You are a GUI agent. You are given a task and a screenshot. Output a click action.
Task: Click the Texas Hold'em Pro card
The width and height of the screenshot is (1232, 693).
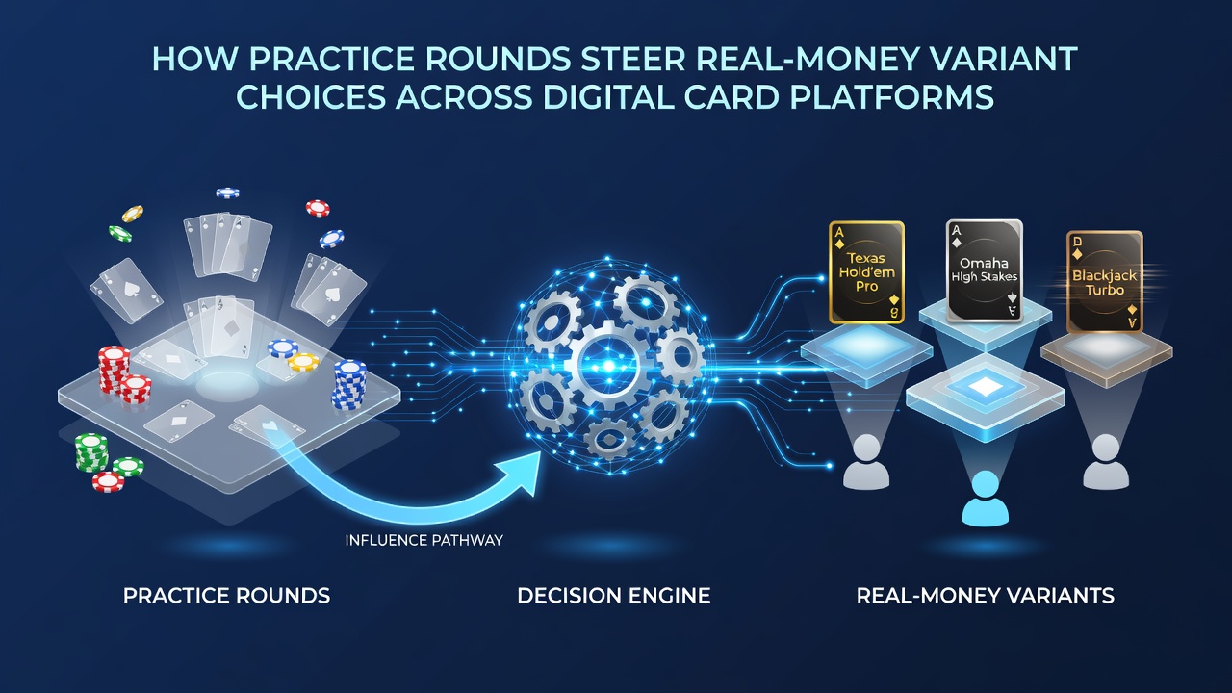[x=867, y=272]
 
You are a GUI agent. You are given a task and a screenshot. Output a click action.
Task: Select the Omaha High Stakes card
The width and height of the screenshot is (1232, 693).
[x=985, y=270]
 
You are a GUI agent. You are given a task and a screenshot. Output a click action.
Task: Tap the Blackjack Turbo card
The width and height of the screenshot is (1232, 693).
[x=1104, y=282]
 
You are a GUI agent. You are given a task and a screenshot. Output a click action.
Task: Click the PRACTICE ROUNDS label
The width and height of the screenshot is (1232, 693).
[x=226, y=596]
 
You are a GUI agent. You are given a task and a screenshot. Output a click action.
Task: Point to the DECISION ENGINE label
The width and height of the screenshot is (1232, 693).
[x=614, y=596]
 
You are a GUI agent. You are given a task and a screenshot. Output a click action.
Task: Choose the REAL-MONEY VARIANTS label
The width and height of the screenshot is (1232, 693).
[x=986, y=596]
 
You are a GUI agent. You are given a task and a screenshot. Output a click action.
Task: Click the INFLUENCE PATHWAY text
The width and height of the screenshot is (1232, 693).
[x=424, y=541]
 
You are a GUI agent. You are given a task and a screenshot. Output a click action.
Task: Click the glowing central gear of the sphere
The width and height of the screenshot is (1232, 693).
[x=608, y=365]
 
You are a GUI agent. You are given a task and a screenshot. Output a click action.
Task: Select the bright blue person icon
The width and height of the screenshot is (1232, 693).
[x=986, y=500]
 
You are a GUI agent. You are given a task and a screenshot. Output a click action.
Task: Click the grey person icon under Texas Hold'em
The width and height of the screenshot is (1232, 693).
[x=866, y=462]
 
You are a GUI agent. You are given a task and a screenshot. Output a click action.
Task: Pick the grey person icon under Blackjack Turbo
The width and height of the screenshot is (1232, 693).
[x=1106, y=462]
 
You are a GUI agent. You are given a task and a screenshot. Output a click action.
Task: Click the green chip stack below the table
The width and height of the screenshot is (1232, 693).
[x=91, y=452]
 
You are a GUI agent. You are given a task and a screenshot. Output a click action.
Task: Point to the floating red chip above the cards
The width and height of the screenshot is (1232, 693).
[x=318, y=208]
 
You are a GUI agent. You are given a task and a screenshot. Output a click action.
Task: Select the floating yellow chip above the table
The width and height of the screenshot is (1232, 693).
[x=133, y=214]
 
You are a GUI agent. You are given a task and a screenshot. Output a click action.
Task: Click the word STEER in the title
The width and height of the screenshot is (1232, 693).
[x=633, y=59]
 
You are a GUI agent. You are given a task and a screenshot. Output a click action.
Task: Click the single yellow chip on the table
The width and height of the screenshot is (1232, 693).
[x=303, y=362]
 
